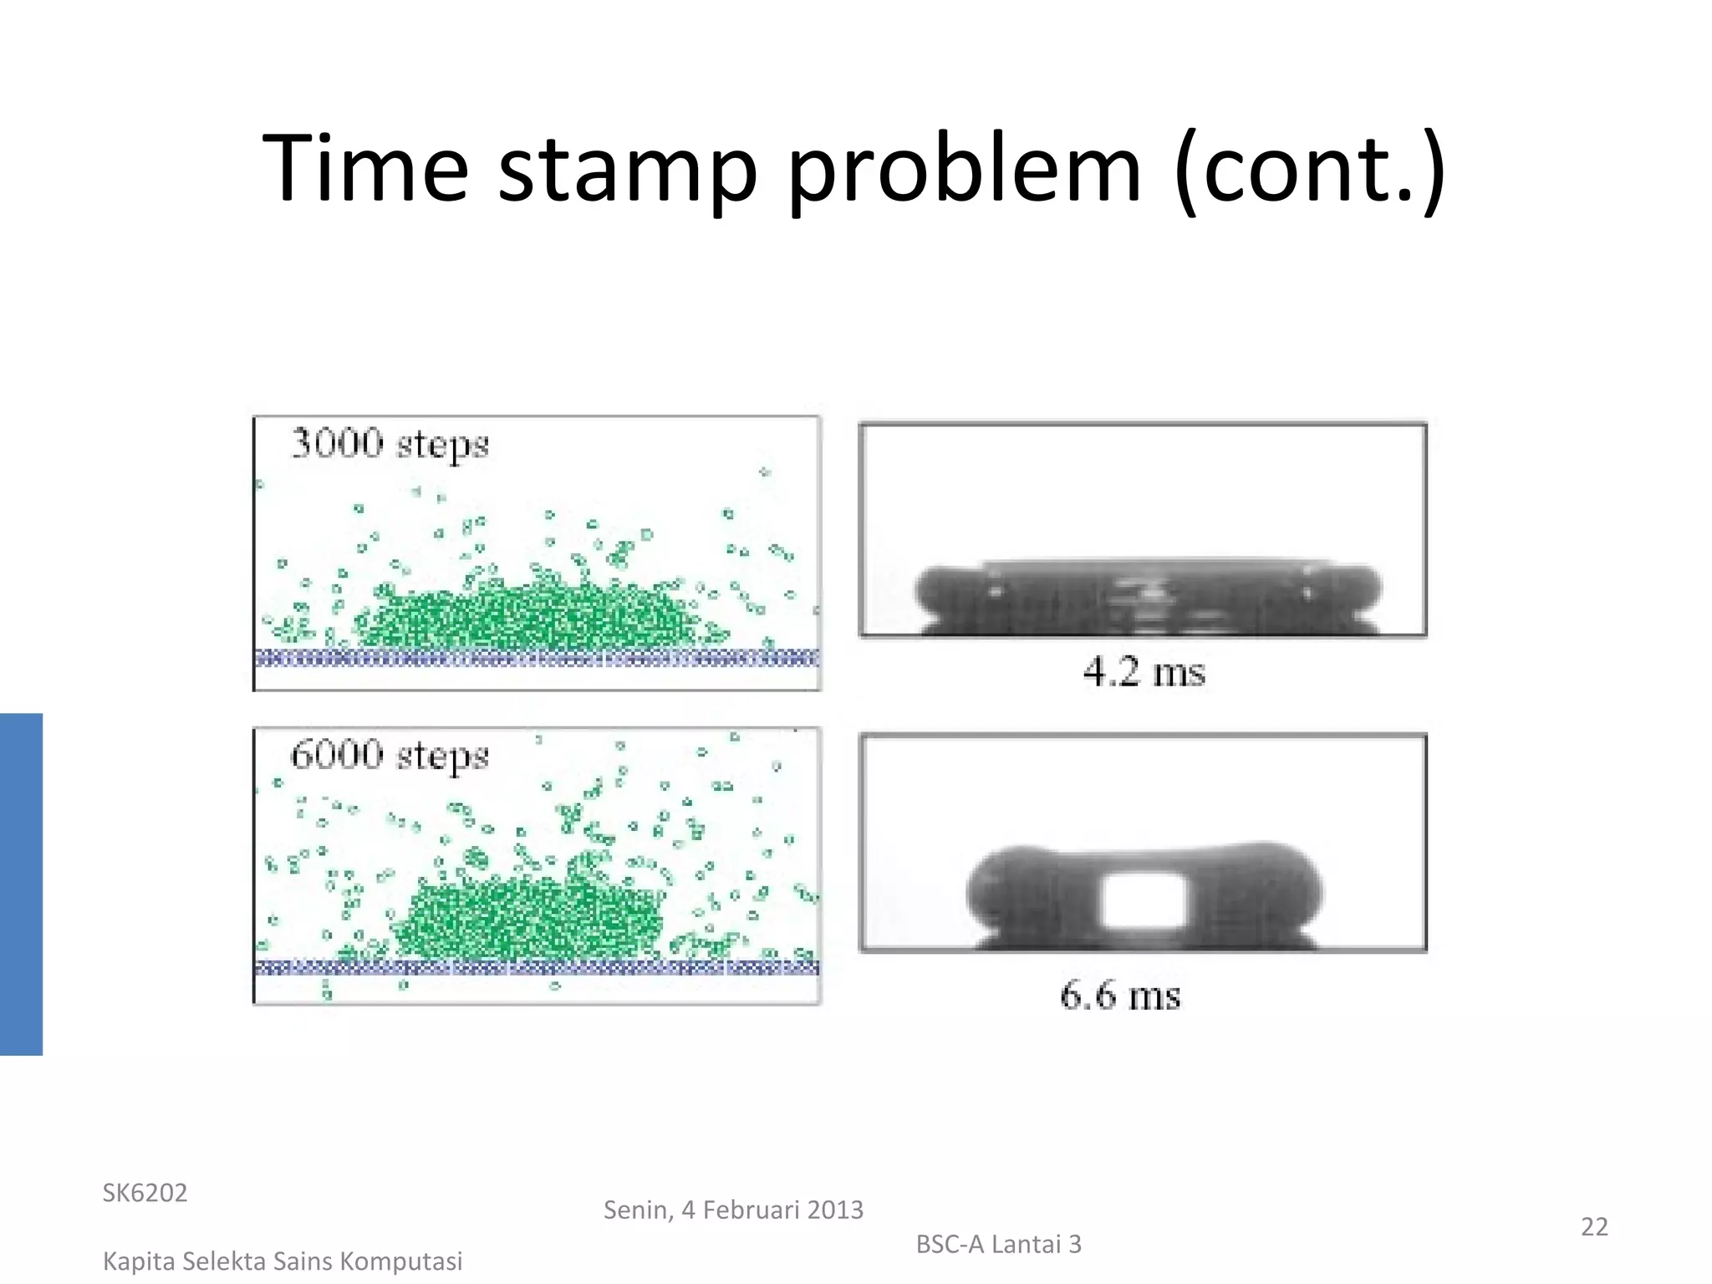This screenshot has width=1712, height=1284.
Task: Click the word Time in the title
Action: click(x=365, y=169)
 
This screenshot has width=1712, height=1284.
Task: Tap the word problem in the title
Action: click(x=964, y=169)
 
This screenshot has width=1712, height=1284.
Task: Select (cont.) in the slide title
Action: click(x=1309, y=169)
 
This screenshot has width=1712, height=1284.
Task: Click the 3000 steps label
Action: click(x=390, y=444)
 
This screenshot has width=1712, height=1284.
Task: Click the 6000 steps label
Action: click(x=390, y=756)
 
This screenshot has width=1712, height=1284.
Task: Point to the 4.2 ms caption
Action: click(x=1144, y=672)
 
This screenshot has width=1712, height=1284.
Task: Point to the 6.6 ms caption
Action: click(x=1120, y=995)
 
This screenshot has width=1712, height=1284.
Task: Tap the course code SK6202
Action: click(x=145, y=1193)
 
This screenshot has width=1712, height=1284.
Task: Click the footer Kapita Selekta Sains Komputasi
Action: click(x=283, y=1261)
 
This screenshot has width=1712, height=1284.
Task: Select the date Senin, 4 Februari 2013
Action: click(x=733, y=1210)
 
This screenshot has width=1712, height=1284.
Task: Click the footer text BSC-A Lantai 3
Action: click(x=998, y=1244)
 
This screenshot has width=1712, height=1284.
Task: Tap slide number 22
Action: click(x=1594, y=1226)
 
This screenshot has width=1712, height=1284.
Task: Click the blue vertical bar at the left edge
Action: click(x=21, y=884)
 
